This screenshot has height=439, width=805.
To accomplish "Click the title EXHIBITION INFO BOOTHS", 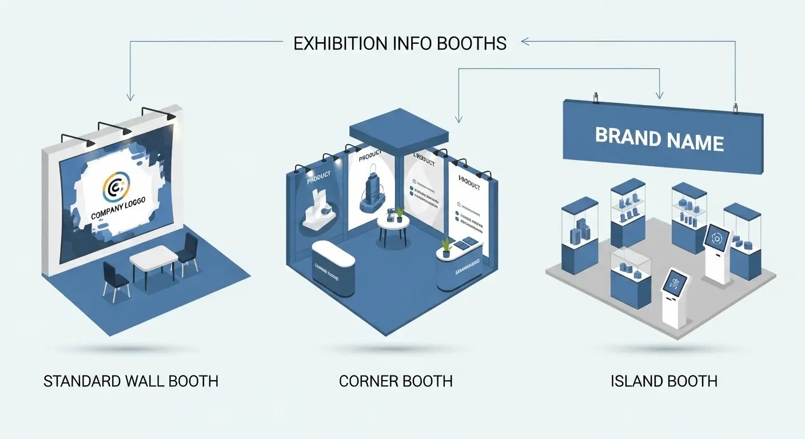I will [400, 43].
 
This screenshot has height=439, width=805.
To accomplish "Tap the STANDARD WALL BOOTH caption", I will [131, 381].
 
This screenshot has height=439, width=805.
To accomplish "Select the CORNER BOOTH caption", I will [396, 381].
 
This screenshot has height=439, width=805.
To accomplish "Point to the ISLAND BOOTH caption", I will [664, 381].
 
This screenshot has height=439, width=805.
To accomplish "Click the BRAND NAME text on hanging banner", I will [659, 138].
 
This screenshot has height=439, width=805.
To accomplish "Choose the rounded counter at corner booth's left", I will [334, 265].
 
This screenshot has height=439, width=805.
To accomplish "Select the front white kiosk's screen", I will [675, 282].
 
